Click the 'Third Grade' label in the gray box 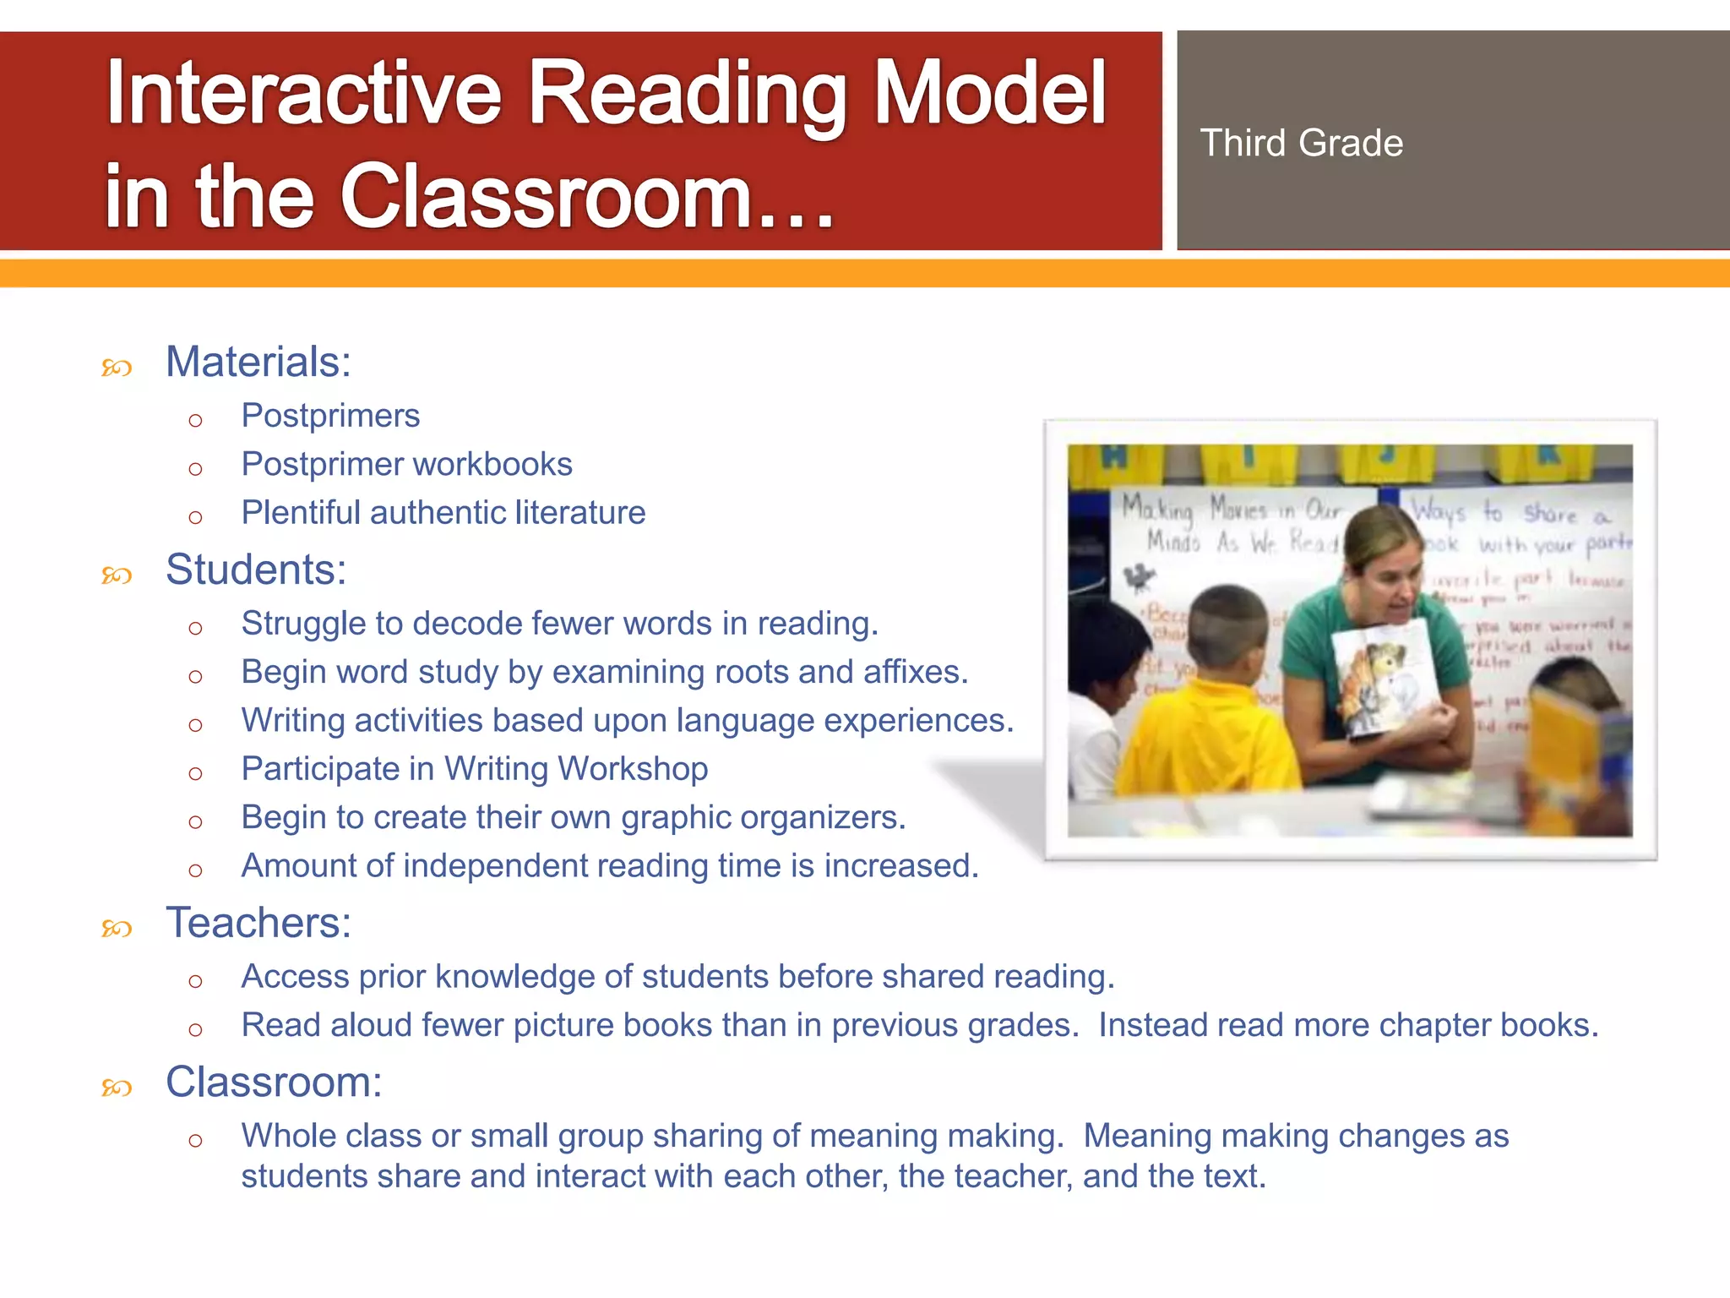tap(1301, 143)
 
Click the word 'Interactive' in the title tap(304, 93)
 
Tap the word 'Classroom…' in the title tap(587, 197)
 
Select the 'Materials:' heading tap(258, 362)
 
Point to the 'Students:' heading tap(256, 570)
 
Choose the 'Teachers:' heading tap(258, 923)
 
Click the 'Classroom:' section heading tap(274, 1083)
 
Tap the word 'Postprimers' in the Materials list tap(330, 416)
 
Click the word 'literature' tap(580, 513)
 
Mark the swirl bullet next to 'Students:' tap(117, 576)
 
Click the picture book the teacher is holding tap(1386, 676)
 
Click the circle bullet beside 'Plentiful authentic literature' tap(196, 517)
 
